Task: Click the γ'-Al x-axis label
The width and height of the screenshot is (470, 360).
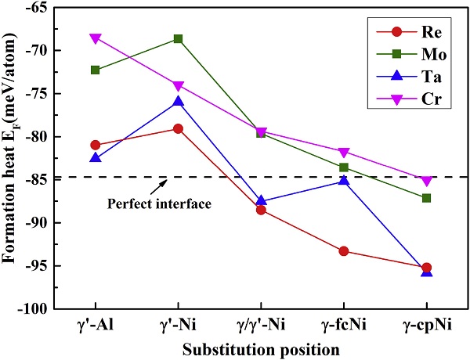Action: coord(96,325)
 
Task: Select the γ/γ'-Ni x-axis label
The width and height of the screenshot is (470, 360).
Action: coord(261,325)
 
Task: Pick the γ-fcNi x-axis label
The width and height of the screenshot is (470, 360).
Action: coord(344,325)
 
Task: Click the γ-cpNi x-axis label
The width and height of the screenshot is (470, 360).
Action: coord(426,325)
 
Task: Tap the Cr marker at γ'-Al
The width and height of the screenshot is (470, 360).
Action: coord(96,38)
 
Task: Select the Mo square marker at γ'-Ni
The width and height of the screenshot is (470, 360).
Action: coord(179,38)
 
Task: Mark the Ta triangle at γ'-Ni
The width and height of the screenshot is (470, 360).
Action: coord(179,102)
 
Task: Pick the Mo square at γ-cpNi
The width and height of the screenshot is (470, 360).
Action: coord(426,198)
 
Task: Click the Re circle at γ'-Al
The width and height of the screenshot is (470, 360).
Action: coord(96,145)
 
